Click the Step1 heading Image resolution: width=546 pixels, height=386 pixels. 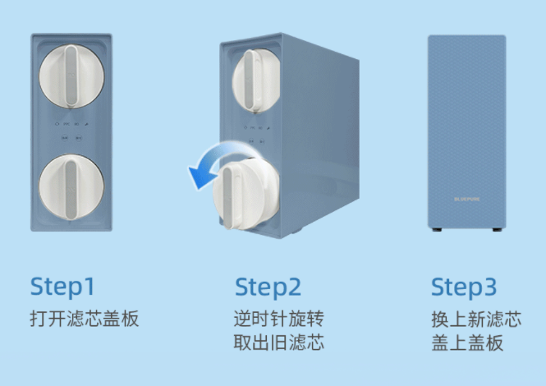tap(62, 287)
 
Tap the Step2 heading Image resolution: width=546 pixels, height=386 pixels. tap(268, 287)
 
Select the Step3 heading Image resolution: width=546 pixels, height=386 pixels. tap(464, 287)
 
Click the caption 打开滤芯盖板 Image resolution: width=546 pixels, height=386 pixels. tap(85, 318)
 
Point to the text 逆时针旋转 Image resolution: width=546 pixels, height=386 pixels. tap(278, 319)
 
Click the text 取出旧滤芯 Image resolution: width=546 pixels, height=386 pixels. tap(278, 342)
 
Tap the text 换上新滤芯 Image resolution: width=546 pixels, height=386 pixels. tap(476, 319)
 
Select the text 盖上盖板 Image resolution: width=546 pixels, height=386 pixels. tap(467, 342)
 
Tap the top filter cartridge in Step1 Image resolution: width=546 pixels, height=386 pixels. tap(71, 76)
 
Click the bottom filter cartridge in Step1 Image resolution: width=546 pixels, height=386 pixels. tap(71, 187)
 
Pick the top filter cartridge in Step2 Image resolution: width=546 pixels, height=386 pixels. tap(256, 80)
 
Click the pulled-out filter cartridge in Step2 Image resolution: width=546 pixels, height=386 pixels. tap(245, 194)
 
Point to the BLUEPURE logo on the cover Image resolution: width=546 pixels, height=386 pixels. tap(467, 200)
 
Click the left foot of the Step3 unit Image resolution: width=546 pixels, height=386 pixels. tap(437, 230)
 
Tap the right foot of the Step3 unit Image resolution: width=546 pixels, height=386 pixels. tap(498, 230)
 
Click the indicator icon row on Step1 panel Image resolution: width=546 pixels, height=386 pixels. tap(71, 124)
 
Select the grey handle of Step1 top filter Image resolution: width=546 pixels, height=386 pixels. tap(71, 76)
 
